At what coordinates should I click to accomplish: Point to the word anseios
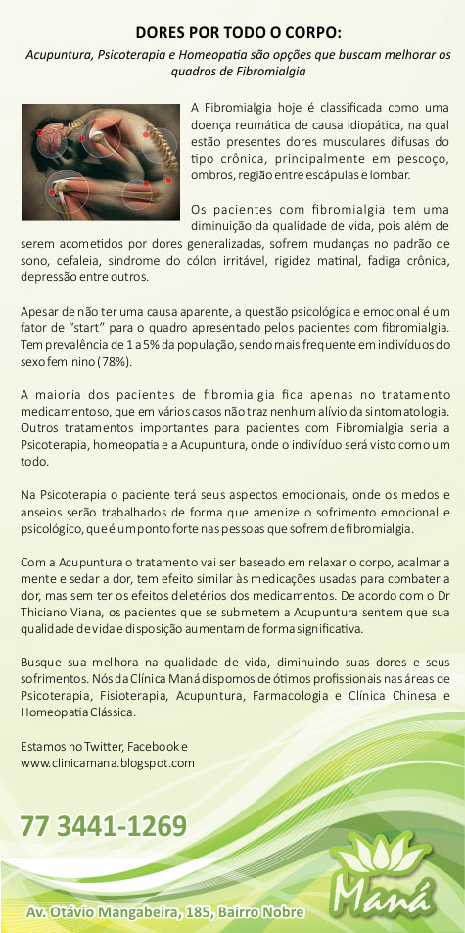42,512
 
